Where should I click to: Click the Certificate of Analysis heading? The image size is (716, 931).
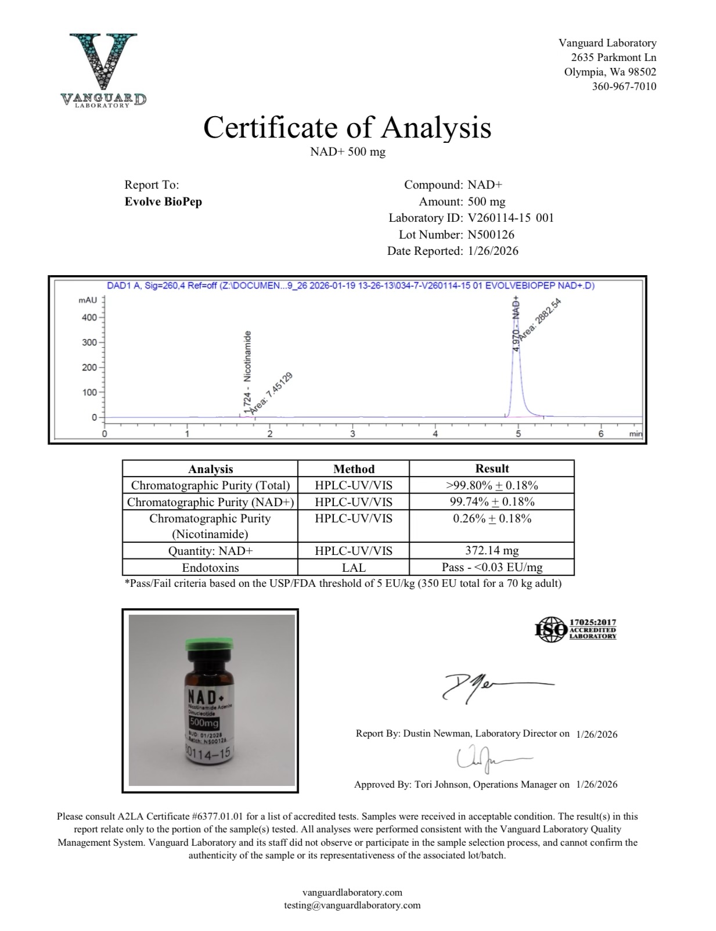click(347, 127)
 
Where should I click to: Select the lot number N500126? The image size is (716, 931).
click(491, 234)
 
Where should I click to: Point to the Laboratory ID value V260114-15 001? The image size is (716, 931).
click(510, 218)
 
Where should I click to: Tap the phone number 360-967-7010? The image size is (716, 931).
click(624, 86)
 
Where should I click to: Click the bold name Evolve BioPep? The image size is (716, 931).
click(163, 201)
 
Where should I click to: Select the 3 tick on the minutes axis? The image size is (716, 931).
click(352, 434)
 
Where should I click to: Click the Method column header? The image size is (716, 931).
click(353, 469)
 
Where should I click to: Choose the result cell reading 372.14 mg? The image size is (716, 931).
click(492, 550)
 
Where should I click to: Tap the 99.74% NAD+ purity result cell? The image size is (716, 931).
click(492, 501)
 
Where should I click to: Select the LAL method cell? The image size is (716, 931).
click(353, 567)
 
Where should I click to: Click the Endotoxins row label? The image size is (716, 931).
click(210, 568)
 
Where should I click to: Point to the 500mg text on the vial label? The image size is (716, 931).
click(203, 723)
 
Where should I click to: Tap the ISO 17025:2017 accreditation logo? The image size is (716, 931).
click(575, 629)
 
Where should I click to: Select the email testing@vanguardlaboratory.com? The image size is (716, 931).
click(352, 905)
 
